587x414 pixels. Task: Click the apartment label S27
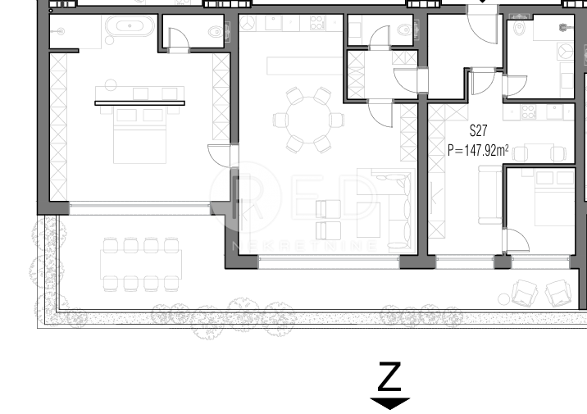click(x=479, y=131)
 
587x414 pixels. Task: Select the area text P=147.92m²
click(x=478, y=150)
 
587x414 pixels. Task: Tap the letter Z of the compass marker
click(x=389, y=377)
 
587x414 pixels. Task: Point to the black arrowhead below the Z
click(x=389, y=403)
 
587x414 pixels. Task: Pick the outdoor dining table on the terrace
click(x=139, y=264)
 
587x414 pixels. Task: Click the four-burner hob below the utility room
click(x=525, y=111)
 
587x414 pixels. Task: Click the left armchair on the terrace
click(x=523, y=293)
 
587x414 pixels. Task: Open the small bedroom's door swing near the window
click(x=516, y=240)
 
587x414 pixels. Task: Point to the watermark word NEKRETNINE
click(x=305, y=245)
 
